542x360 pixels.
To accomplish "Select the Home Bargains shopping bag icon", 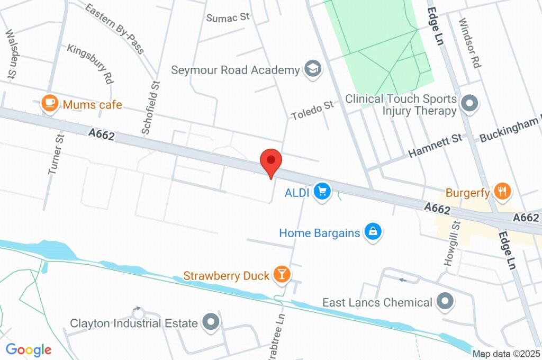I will pyautogui.click(x=373, y=232).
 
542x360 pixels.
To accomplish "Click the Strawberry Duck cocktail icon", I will pyautogui.click(x=282, y=274).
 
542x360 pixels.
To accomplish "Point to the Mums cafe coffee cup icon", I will pyautogui.click(x=50, y=103).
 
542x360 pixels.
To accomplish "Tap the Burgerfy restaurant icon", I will pyautogui.click(x=501, y=191).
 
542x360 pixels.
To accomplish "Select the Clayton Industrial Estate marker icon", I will pyautogui.click(x=212, y=322).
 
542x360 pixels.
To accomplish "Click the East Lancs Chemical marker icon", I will pyautogui.click(x=445, y=302).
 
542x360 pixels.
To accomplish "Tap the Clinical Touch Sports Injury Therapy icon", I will pyautogui.click(x=469, y=104).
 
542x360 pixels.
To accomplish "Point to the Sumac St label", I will pyautogui.click(x=228, y=17).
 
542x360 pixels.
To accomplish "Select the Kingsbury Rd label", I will pyautogui.click(x=91, y=64).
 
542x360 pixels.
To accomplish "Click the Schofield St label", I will pyautogui.click(x=150, y=106).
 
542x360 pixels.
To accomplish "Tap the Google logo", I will pyautogui.click(x=29, y=349).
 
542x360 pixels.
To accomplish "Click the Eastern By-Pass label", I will pyautogui.click(x=114, y=29).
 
